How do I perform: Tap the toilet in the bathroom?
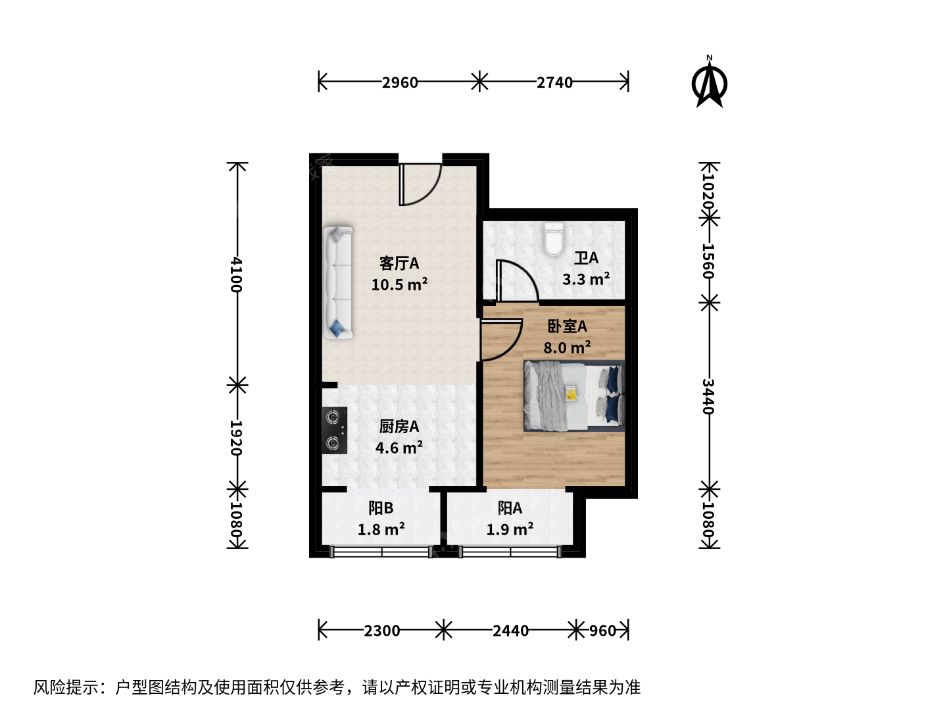[x=554, y=239]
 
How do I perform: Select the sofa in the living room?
[x=338, y=282]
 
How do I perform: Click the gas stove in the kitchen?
[x=334, y=430]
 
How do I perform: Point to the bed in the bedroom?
[x=574, y=396]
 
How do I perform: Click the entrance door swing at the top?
[x=420, y=184]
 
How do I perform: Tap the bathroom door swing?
[x=518, y=280]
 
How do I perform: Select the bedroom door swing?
[x=502, y=340]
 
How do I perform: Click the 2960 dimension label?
[x=400, y=82]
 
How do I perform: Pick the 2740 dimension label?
[x=554, y=82]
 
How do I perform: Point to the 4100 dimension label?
[x=237, y=275]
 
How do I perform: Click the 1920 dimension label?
[x=235, y=438]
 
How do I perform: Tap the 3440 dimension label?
[x=708, y=397]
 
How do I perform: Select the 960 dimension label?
[x=602, y=631]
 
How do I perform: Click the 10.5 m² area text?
[x=399, y=284]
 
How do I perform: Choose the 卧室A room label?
[x=567, y=327]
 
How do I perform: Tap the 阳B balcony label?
[x=381, y=508]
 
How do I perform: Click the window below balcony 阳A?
[x=510, y=552]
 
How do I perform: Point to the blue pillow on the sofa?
[x=337, y=329]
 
